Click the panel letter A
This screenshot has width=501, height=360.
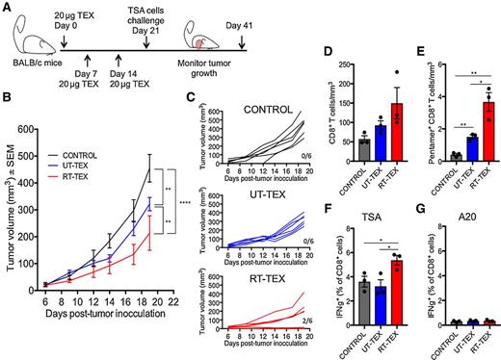click(x=7, y=8)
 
